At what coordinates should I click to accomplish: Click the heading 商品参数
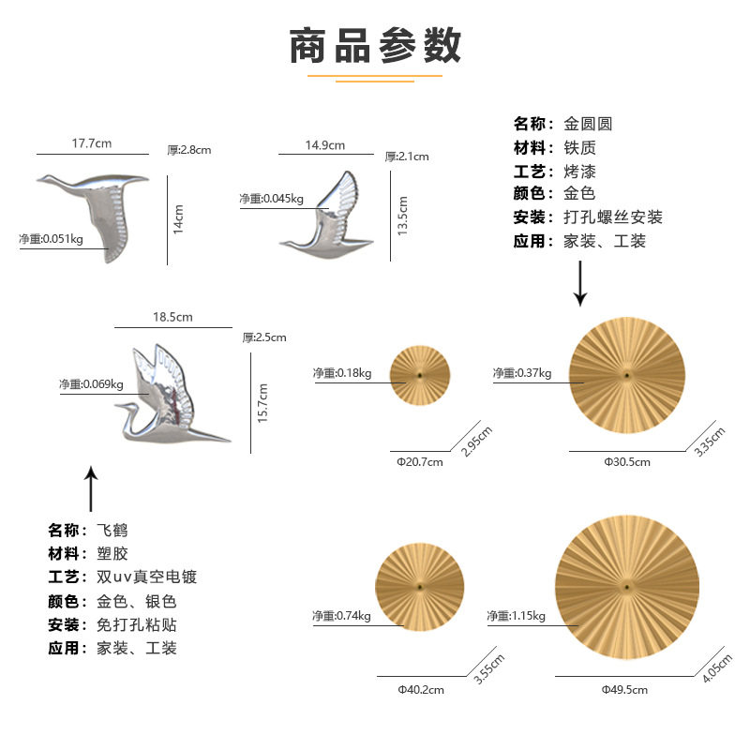[375, 45]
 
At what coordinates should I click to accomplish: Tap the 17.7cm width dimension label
[92, 143]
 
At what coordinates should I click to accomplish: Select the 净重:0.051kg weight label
[52, 239]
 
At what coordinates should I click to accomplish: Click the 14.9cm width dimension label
[325, 144]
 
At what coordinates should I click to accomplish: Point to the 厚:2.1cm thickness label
[407, 157]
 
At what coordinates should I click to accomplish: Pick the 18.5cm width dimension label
[172, 318]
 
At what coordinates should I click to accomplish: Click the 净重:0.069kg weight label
[91, 384]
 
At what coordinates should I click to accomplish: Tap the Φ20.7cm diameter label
[419, 462]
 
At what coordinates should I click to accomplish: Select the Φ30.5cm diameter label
[627, 461]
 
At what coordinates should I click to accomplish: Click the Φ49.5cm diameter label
[624, 689]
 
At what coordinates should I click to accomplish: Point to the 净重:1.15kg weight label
[516, 616]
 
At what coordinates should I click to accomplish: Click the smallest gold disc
[420, 377]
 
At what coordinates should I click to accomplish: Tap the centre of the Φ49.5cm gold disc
[624, 587]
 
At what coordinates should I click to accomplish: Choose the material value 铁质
[579, 148]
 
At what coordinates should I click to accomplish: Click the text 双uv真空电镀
[147, 577]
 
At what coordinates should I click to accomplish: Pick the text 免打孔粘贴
[137, 624]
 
